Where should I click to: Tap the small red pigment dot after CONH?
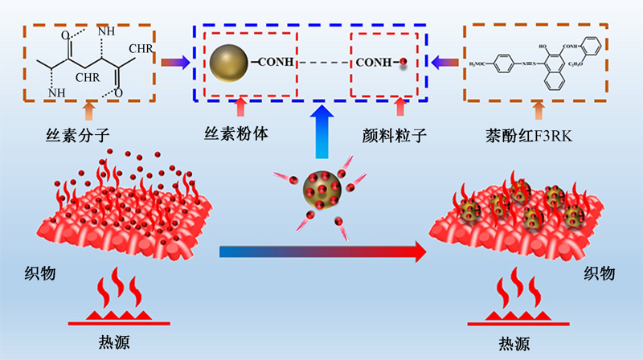[403, 62]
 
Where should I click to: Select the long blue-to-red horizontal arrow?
[321, 252]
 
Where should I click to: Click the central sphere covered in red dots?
[321, 191]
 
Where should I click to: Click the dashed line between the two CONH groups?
[321, 63]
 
